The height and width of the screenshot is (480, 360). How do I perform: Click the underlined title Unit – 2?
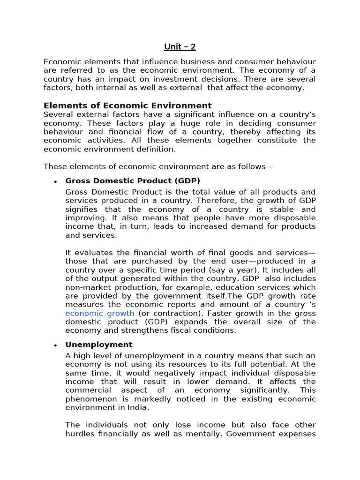pyautogui.click(x=180, y=46)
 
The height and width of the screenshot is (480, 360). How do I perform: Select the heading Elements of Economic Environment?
pyautogui.click(x=127, y=105)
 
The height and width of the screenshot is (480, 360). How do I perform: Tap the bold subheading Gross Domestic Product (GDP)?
pyautogui.click(x=133, y=180)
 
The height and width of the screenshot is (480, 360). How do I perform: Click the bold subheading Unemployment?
pyautogui.click(x=99, y=345)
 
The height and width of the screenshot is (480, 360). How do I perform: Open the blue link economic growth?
pyautogui.click(x=100, y=313)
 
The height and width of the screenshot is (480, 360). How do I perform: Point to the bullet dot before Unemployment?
pyautogui.click(x=55, y=345)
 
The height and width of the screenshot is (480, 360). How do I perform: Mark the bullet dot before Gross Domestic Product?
pyautogui.click(x=55, y=181)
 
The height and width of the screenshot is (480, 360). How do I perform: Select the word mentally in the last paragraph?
pyautogui.click(x=204, y=434)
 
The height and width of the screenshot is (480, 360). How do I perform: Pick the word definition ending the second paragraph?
pyautogui.click(x=153, y=149)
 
